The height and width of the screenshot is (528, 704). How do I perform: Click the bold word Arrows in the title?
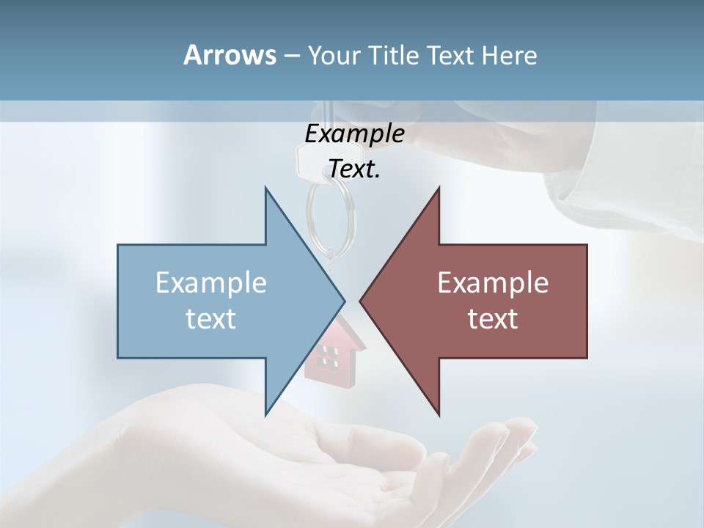tap(229, 55)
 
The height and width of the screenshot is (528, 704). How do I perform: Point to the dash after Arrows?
tap(290, 56)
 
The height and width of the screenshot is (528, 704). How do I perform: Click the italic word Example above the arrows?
tap(354, 133)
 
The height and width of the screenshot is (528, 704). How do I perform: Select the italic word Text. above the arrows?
tap(354, 169)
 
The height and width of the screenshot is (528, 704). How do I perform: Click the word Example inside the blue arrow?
tap(211, 283)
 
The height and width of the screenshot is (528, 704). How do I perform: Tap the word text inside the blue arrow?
tap(211, 319)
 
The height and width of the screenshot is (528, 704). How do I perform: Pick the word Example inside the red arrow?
tap(493, 283)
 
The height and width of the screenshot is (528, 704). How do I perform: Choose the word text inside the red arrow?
tap(493, 319)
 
